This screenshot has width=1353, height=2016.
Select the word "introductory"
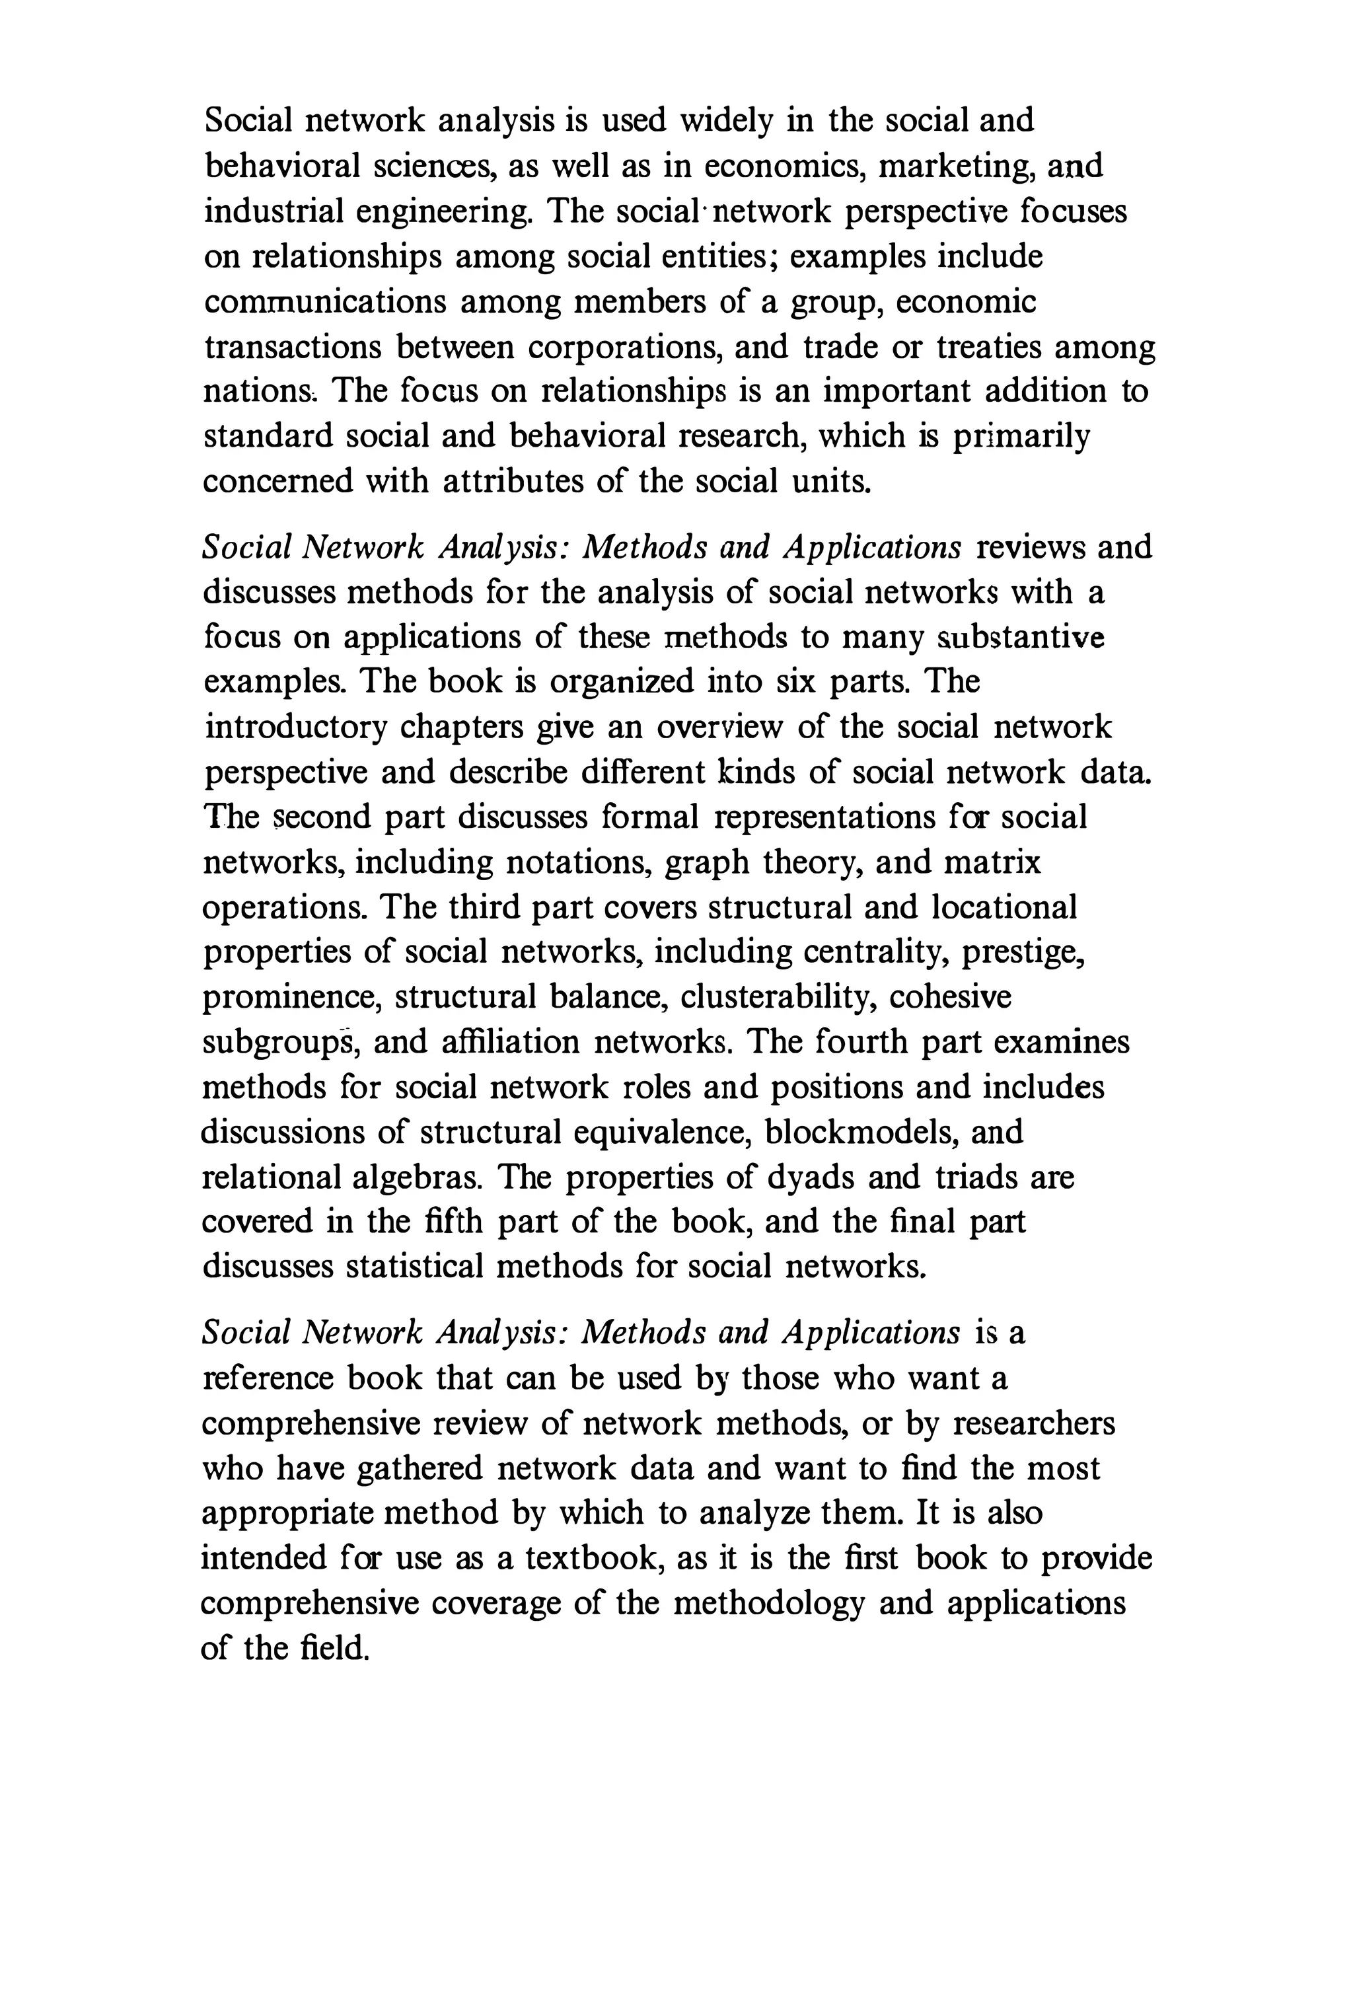coord(295,728)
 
